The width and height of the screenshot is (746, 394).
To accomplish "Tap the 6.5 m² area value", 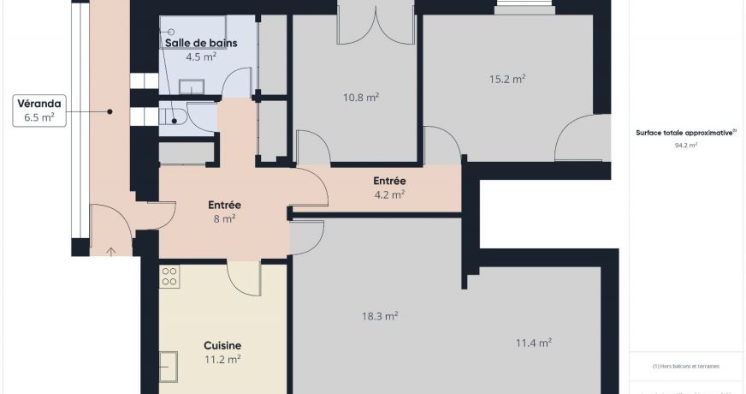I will coord(39,118).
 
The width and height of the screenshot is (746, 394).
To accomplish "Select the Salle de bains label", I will coord(201,43).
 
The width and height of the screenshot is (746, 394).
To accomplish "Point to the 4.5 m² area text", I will coord(201,57).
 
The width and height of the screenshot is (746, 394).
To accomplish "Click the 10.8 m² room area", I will coord(360,98).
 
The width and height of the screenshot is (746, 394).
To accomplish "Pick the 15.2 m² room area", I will coord(506,79).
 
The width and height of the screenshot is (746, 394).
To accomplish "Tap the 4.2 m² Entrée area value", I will coord(389,194).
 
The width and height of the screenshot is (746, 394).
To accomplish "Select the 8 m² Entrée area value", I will coord(224,218).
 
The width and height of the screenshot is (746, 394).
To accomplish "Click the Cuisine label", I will coord(222,345).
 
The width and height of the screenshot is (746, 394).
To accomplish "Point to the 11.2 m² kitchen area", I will coord(222,360).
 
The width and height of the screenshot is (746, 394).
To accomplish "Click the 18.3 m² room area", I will coord(380,316).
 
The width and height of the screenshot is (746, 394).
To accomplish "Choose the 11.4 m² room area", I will coord(533,343).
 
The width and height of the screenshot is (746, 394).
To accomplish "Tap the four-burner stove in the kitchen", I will coord(169,276).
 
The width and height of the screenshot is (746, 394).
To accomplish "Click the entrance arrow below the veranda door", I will coord(111,251).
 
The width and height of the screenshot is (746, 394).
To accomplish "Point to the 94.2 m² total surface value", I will coord(685,146).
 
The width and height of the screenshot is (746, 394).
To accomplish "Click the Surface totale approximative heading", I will coord(685,133).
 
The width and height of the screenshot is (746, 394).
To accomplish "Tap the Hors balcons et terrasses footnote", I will coord(685,366).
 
